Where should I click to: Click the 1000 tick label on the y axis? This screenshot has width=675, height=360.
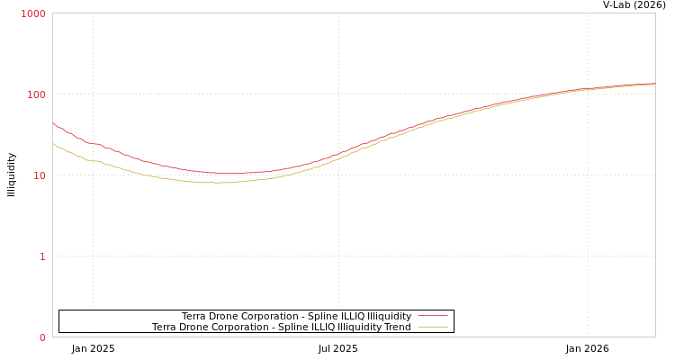pos(33,13)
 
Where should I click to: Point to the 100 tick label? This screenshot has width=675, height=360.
pos(36,94)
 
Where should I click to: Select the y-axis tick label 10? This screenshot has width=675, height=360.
pos(39,175)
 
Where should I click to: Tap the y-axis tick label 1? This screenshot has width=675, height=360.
pos(42,256)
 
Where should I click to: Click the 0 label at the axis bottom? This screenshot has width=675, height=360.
pos(42,337)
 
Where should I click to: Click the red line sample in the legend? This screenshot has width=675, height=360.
pos(433,316)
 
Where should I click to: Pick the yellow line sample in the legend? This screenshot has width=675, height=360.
pos(433,327)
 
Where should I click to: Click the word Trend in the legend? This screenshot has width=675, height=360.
pos(397,327)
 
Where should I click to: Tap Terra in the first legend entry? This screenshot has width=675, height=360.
pos(194,316)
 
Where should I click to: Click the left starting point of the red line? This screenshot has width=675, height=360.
pos(53,124)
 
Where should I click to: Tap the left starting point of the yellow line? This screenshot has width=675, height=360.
pos(53,143)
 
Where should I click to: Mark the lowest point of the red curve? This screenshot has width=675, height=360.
pos(229,173)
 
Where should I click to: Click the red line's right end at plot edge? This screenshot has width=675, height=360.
pos(654,84)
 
